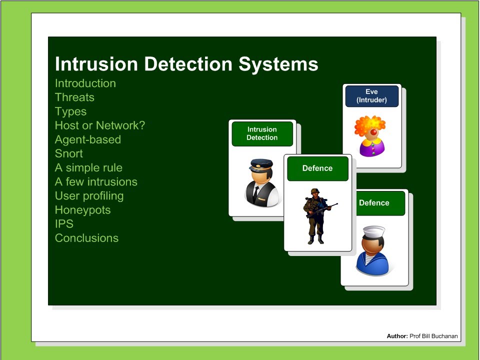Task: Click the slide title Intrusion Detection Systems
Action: click(x=186, y=64)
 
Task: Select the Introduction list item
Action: click(x=85, y=83)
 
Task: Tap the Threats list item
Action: click(x=74, y=97)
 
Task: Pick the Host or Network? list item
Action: click(x=99, y=125)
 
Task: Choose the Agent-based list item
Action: click(x=87, y=139)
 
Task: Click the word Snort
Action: click(x=68, y=153)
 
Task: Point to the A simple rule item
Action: click(x=88, y=167)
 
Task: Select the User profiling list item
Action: click(x=89, y=195)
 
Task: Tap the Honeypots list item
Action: click(x=82, y=209)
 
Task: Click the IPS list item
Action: click(x=64, y=223)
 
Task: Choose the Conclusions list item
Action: click(x=86, y=238)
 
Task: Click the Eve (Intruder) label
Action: click(x=371, y=96)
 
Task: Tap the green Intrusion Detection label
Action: click(x=262, y=133)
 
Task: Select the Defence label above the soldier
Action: click(x=317, y=168)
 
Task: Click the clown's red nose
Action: click(x=373, y=131)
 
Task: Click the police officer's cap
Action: click(x=261, y=163)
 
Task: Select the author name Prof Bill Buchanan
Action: click(x=433, y=336)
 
